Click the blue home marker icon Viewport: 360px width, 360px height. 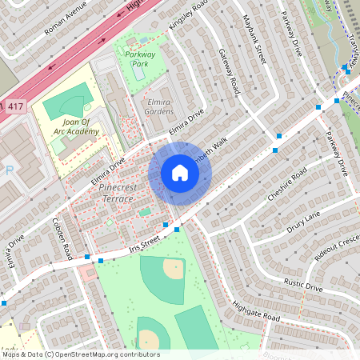(x=180, y=173)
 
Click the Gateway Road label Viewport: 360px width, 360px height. (x=229, y=71)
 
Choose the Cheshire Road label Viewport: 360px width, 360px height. (x=289, y=186)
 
